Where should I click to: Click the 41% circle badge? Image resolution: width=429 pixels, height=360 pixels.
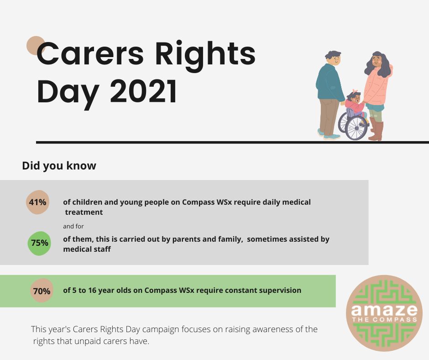tap(38, 202)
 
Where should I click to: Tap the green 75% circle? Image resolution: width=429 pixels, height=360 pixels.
tap(39, 244)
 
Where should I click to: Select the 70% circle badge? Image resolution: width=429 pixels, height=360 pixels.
tap(42, 291)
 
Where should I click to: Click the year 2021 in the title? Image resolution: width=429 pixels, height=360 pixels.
tap(144, 91)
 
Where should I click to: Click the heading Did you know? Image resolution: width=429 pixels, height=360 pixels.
tap(59, 166)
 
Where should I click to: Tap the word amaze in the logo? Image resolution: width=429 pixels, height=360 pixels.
tap(384, 310)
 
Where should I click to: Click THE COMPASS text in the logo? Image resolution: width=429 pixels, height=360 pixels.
tap(384, 319)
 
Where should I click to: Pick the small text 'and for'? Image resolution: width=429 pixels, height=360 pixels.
tap(73, 226)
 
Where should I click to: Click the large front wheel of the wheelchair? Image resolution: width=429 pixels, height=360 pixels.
tap(356, 127)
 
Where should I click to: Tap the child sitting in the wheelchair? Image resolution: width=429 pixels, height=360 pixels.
tap(356, 106)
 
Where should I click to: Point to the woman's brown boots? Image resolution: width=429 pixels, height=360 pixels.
tap(377, 129)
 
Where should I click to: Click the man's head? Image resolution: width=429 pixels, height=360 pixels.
tap(333, 58)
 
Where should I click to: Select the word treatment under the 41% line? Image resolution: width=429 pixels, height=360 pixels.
tap(84, 212)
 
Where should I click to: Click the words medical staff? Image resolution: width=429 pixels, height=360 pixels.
tap(87, 249)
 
